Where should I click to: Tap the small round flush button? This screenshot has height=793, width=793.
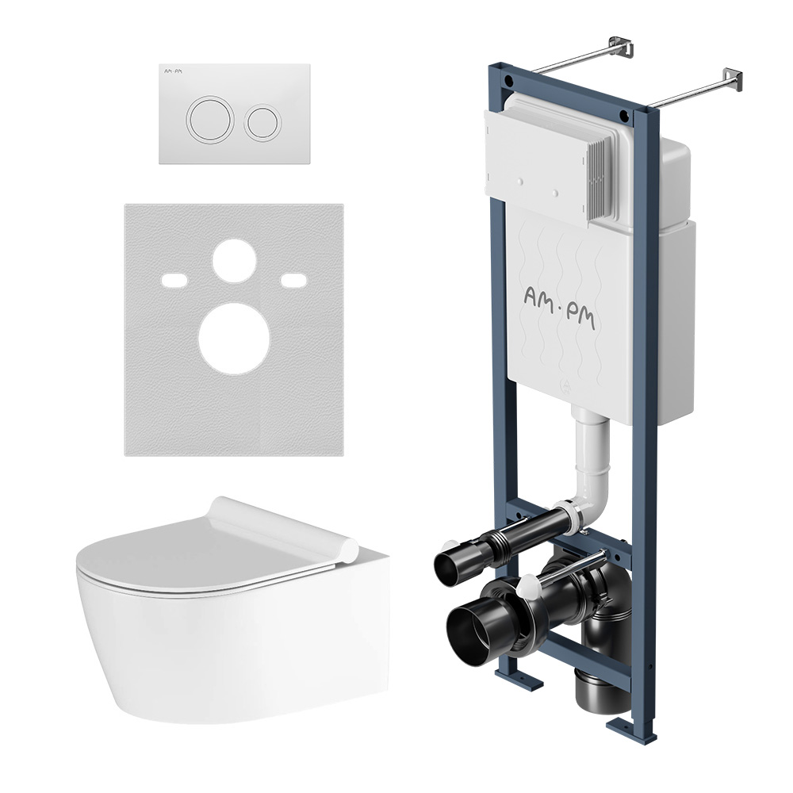click(262, 123)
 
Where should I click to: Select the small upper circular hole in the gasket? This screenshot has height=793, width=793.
click(234, 261)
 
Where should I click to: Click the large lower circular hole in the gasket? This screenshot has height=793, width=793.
click(234, 339)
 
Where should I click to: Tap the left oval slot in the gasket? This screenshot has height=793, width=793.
click(174, 280)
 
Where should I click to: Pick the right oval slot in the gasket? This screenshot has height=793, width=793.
click(294, 280)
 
